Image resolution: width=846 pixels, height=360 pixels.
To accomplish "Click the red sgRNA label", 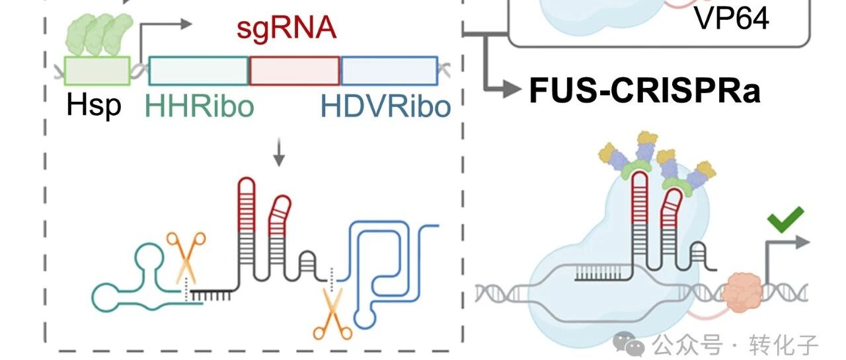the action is (x=286, y=28).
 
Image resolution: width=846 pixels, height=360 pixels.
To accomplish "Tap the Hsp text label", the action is (x=94, y=105).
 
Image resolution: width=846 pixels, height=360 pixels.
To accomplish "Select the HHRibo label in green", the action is (x=200, y=106).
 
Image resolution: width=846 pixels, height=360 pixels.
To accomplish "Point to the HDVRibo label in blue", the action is (x=385, y=106).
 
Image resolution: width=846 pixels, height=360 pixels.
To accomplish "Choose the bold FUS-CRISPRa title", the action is (x=644, y=90).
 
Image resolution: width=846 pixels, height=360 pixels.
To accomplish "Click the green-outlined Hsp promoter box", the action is (x=97, y=71).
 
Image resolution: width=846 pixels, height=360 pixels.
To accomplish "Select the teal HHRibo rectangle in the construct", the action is (x=199, y=71).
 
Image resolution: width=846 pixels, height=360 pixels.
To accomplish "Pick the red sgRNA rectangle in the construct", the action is (x=295, y=71).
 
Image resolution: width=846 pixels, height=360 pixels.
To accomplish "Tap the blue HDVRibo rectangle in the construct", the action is (x=389, y=71).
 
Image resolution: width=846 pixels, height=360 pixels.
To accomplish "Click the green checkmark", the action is (x=785, y=219).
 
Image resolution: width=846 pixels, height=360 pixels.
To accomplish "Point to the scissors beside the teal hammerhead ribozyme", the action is (x=186, y=258).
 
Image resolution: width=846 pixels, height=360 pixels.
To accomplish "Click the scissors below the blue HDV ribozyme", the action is (x=332, y=314).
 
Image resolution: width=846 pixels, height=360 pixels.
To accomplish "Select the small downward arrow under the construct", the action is (x=279, y=153).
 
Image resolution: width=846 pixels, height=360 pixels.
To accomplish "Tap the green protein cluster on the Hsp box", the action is (x=100, y=35).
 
